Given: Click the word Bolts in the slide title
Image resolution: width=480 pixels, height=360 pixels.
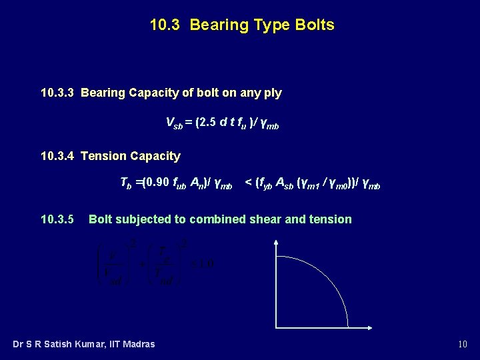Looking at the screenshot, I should tap(313, 25).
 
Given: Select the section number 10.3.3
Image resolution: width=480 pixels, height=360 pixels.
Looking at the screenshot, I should tap(58, 93).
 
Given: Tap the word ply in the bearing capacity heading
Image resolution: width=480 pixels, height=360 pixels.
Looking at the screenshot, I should tap(273, 93).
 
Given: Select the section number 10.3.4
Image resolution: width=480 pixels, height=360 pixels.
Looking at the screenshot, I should tap(58, 156).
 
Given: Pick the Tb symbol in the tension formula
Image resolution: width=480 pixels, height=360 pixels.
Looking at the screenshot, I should tap(125, 183).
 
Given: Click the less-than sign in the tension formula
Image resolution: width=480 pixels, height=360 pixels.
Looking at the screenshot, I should tap(248, 183).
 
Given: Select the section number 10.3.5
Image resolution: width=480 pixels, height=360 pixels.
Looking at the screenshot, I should tap(57, 219).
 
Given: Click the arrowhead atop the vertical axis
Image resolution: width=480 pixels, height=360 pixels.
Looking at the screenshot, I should tap(276, 245).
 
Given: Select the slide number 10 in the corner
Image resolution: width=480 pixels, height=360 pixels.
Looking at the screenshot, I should tap(463, 344).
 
